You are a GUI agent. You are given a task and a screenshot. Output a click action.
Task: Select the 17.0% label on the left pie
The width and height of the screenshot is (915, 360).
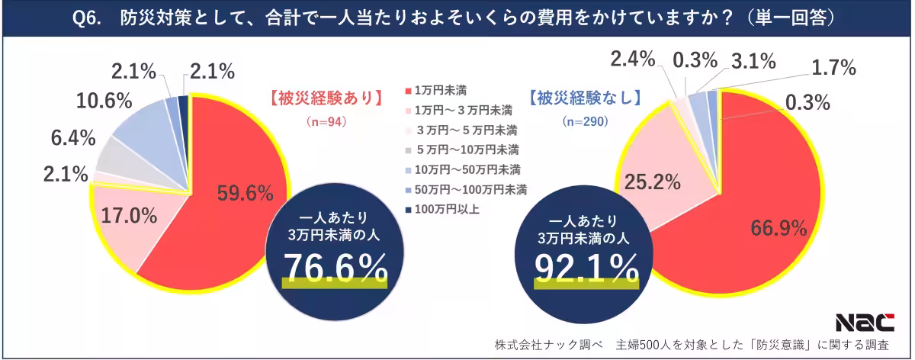[126, 215]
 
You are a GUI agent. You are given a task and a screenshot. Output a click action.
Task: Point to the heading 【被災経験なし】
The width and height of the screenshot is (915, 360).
[584, 99]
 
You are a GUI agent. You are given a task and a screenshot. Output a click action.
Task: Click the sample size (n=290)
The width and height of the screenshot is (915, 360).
[583, 121]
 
